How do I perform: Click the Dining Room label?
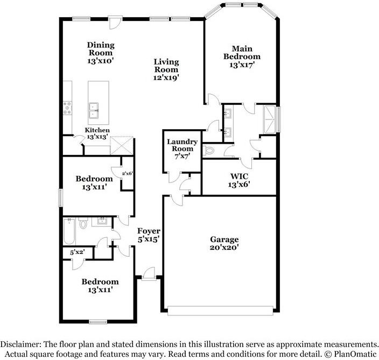tap(101, 49)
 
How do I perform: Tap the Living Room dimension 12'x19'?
tap(166, 77)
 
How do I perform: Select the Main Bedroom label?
tap(242, 52)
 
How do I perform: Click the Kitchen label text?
tap(97, 130)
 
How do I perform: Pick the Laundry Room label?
tap(182, 145)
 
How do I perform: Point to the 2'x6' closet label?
tap(127, 173)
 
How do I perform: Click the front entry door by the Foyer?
tap(149, 274)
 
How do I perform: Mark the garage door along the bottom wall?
tap(220, 310)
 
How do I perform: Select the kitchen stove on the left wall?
tap(68, 108)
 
